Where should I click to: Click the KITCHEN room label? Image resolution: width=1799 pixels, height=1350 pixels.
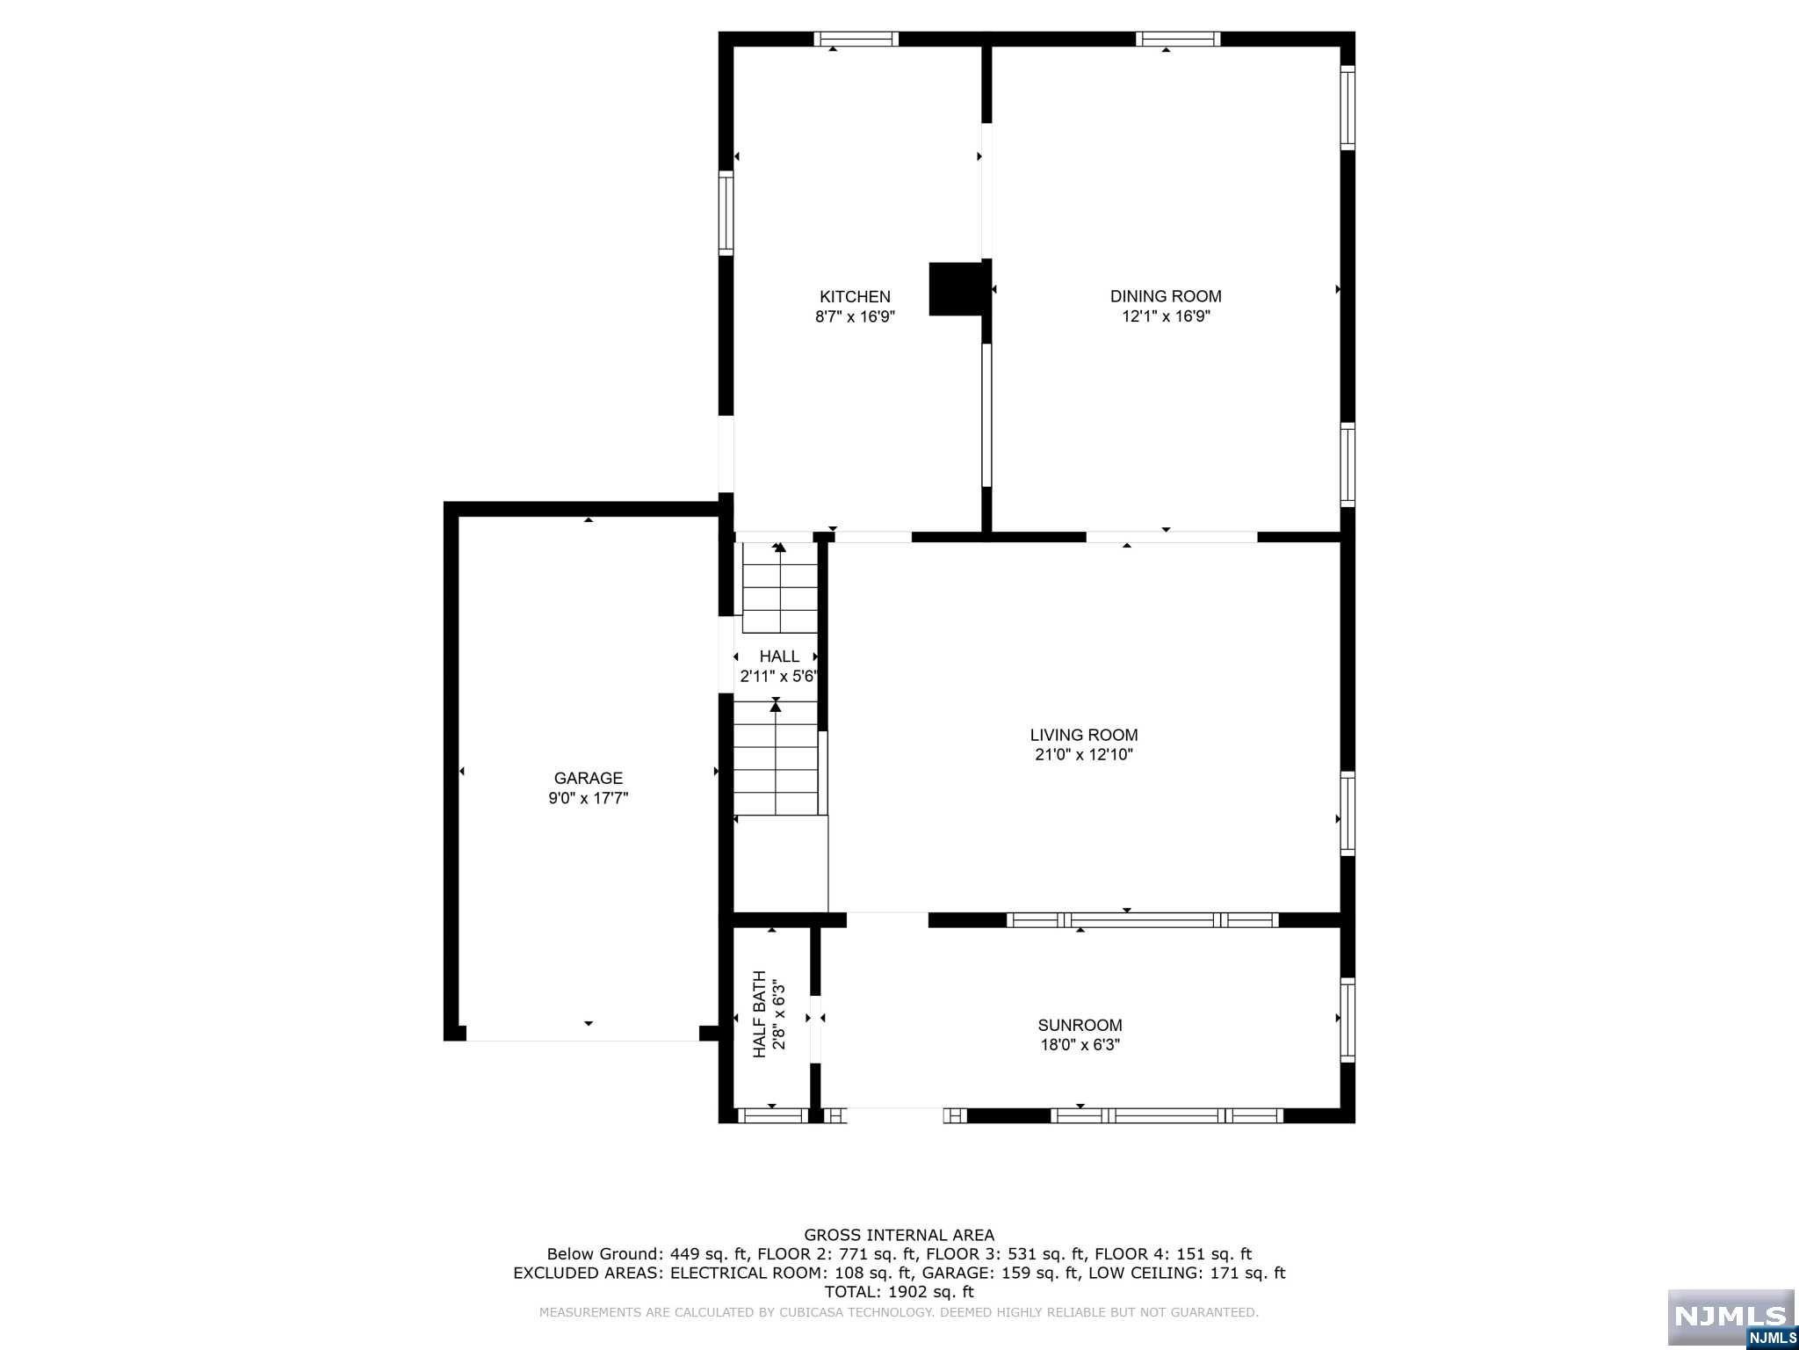(855, 297)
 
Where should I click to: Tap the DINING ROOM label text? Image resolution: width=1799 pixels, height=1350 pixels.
(1166, 297)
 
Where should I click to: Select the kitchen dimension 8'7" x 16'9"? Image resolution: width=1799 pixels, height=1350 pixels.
(855, 316)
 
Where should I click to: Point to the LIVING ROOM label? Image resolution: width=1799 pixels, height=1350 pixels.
(1083, 735)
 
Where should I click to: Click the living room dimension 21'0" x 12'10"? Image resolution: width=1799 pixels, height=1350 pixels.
(1083, 755)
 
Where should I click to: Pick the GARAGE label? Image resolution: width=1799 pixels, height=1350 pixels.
(588, 778)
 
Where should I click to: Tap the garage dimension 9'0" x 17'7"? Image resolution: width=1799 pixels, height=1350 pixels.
(588, 798)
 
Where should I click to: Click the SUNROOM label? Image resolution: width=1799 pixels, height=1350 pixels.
(1080, 1025)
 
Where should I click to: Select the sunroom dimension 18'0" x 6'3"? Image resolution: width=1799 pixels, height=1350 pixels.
(1080, 1045)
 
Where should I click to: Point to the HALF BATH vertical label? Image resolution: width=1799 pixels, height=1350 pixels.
(759, 1014)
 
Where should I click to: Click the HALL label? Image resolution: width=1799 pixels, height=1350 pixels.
(779, 657)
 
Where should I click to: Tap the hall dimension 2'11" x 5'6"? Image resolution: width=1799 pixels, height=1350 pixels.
(779, 677)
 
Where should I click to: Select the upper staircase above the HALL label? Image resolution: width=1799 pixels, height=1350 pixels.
(780, 587)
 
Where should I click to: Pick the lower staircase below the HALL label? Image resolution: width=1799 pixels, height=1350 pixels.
(776, 758)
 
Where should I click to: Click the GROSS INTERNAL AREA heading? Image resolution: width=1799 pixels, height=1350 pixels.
(899, 1236)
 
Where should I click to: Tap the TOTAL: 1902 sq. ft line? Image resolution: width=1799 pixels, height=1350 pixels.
(899, 1292)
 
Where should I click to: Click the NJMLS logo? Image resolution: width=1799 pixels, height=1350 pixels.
(1730, 1317)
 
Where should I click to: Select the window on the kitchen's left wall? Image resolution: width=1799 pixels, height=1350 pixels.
(726, 214)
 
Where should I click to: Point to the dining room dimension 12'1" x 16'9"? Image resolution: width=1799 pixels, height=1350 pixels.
(1166, 316)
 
